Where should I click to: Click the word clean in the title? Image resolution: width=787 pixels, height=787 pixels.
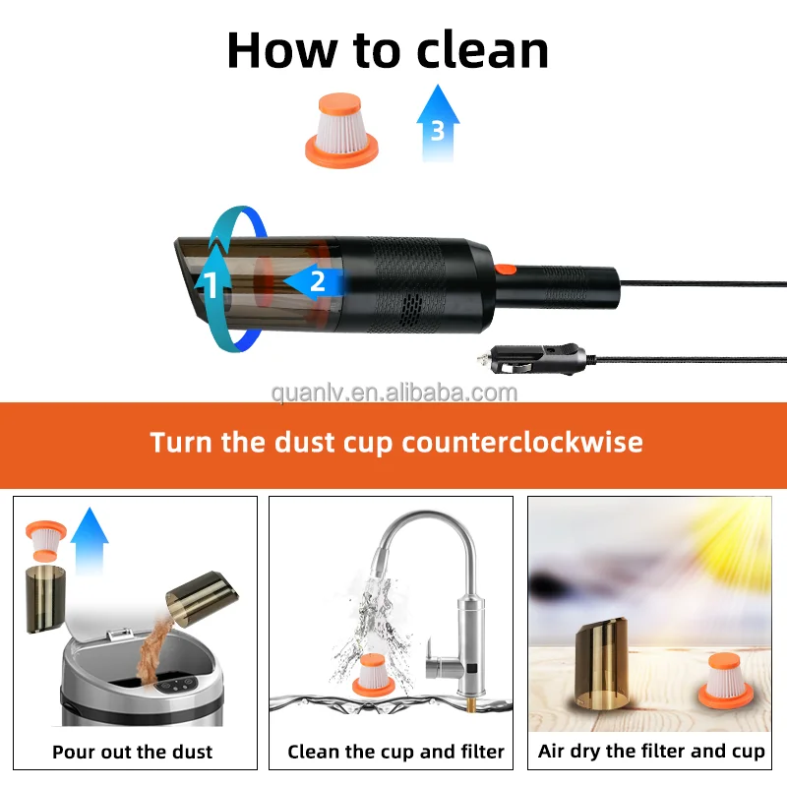[482, 50]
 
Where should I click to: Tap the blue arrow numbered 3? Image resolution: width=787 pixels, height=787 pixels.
[438, 123]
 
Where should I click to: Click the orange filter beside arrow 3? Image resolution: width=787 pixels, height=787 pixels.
[341, 130]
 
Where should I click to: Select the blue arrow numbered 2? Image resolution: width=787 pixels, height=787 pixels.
[315, 281]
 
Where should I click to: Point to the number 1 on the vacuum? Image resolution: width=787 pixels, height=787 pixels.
[212, 285]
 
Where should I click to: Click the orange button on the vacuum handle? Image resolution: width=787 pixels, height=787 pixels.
[505, 270]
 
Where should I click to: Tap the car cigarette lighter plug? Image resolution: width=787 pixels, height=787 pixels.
[535, 358]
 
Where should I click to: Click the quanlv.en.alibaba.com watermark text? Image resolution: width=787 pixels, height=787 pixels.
[394, 393]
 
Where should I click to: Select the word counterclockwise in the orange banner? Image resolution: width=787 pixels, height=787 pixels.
[522, 442]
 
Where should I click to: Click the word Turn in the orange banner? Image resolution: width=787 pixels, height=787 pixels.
[181, 442]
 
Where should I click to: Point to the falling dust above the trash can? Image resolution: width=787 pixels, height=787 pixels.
[153, 650]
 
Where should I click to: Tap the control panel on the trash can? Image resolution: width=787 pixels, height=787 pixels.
[174, 685]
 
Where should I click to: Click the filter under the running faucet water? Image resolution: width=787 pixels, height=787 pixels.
[373, 675]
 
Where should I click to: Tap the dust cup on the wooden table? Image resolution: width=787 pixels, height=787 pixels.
[601, 662]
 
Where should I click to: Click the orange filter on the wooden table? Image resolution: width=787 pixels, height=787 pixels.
[726, 681]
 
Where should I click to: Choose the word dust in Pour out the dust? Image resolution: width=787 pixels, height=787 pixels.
[192, 752]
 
